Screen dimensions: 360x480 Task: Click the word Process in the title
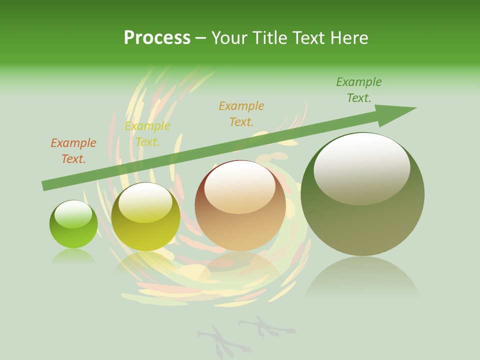point(157,38)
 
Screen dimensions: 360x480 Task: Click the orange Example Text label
point(73,151)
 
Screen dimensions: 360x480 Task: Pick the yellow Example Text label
point(147,134)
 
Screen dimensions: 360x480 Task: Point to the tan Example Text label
point(241,113)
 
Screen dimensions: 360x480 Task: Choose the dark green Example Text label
point(359,90)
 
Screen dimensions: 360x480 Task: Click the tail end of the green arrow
point(46,185)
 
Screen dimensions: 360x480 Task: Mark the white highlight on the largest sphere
point(361,167)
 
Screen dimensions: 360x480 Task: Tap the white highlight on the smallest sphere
point(73,214)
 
